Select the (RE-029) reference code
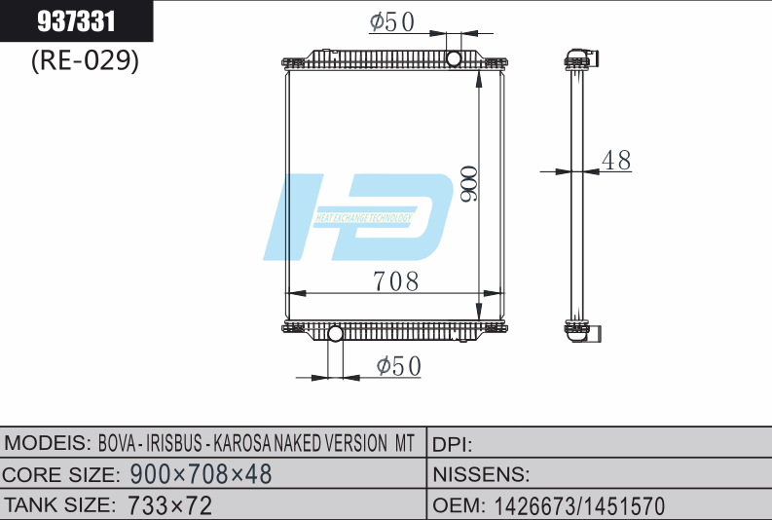click(85, 60)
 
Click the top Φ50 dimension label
click(392, 21)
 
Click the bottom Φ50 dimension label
click(398, 365)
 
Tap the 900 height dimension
click(468, 183)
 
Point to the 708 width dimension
click(396, 281)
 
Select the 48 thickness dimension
click(616, 161)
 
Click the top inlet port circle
click(454, 59)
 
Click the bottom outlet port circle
click(336, 335)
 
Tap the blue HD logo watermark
click(360, 216)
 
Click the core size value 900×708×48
click(201, 474)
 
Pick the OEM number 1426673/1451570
click(579, 505)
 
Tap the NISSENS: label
click(481, 474)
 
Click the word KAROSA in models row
click(249, 444)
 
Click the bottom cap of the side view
click(580, 330)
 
